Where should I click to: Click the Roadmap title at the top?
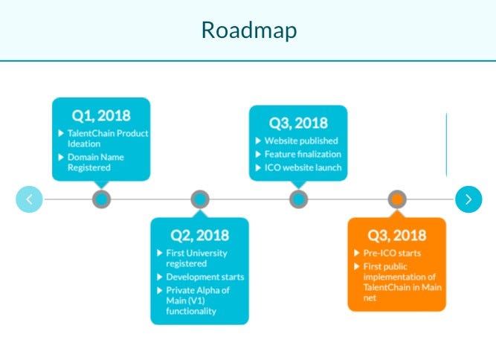[x=248, y=30]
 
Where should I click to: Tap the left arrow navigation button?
[x=29, y=199]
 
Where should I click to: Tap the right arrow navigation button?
[x=468, y=199]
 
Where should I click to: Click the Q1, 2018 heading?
[x=100, y=115]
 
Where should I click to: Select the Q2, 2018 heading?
[x=199, y=235]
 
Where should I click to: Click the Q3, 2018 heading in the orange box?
[x=396, y=235]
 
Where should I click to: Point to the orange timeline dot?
[x=397, y=199]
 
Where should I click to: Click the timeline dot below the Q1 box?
[x=101, y=199]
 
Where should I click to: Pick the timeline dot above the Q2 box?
[x=199, y=199]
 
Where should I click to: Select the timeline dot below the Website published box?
[x=298, y=199]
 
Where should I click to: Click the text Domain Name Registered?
[x=96, y=162]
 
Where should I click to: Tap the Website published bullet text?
[x=301, y=141]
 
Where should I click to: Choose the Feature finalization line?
[x=303, y=154]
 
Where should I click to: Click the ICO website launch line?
[x=303, y=167]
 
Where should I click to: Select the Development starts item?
[x=204, y=277]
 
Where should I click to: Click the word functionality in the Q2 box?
[x=191, y=311]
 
